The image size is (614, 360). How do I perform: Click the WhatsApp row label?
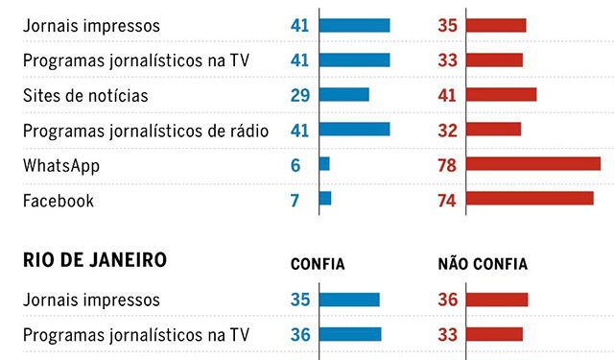[61, 165]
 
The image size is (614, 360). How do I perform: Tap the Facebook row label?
[59, 200]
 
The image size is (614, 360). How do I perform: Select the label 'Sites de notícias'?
[85, 95]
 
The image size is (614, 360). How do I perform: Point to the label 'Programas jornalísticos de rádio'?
[145, 130]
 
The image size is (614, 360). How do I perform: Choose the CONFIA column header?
[318, 264]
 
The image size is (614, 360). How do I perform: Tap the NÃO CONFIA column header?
[482, 264]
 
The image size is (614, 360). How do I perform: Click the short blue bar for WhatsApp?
[324, 164]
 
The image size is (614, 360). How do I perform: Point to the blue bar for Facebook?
[325, 199]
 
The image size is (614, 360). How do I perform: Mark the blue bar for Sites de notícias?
[343, 95]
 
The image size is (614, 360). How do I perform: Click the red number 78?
[446, 165]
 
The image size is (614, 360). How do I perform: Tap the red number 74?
[446, 200]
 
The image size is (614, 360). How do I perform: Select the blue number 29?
[299, 95]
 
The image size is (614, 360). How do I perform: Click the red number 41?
[446, 95]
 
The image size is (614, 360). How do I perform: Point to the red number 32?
[446, 130]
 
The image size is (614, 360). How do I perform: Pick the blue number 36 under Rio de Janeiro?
[299, 334]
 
